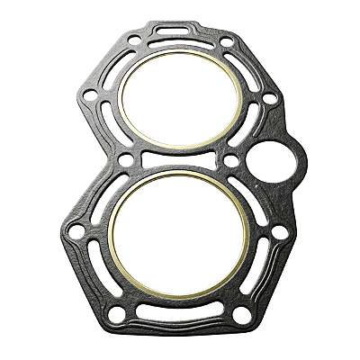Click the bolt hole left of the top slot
pos(136,40)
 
